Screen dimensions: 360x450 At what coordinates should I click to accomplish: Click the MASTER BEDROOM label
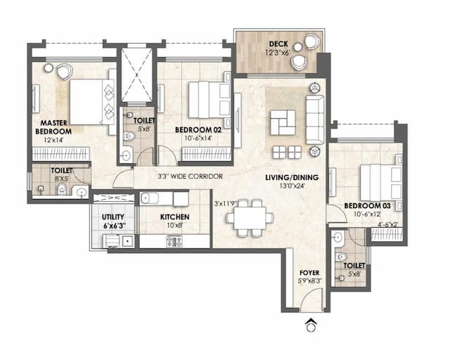tap(53, 127)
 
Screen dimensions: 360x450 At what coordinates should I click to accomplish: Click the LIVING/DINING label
tap(290, 178)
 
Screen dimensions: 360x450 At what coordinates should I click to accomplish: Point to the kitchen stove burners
tap(173, 241)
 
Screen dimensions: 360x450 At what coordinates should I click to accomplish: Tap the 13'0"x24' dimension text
tap(290, 188)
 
